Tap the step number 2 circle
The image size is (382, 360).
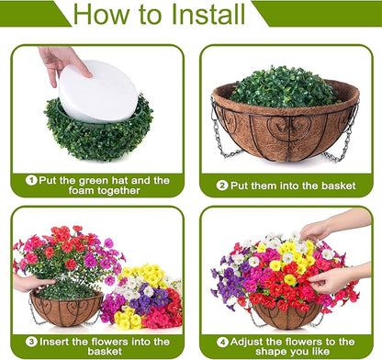click(x=221, y=185)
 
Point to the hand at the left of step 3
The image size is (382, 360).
click(x=30, y=284)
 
